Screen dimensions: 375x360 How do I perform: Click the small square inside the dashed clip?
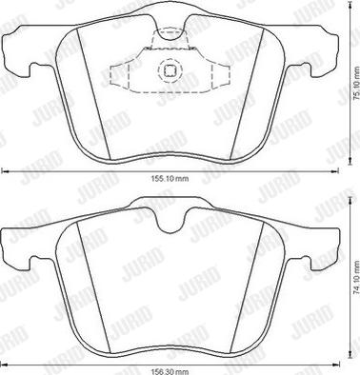(170, 69)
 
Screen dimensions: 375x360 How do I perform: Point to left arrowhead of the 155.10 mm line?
(4, 170)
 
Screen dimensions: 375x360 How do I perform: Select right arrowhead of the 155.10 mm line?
(335, 170)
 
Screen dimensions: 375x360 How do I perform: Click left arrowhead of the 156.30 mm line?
(4, 359)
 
